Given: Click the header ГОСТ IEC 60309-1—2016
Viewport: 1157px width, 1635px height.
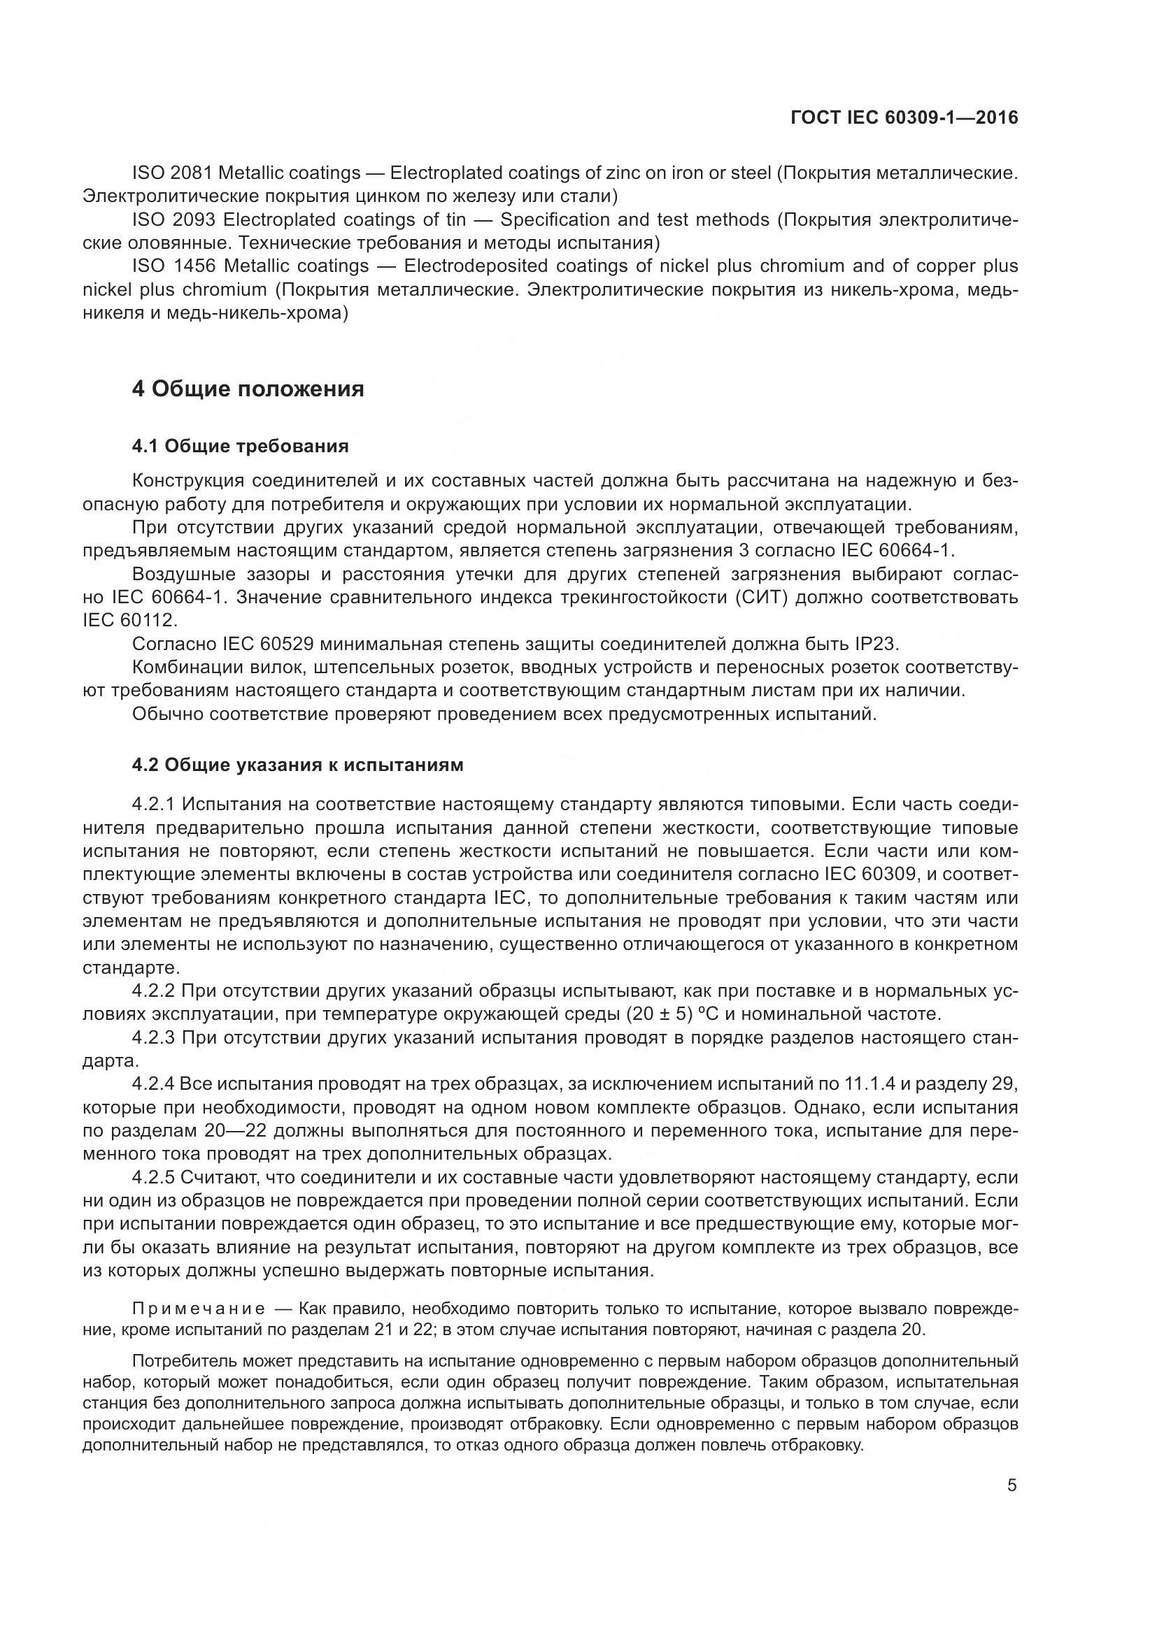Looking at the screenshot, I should (x=904, y=117).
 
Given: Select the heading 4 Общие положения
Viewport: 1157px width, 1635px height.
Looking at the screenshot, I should (x=248, y=389).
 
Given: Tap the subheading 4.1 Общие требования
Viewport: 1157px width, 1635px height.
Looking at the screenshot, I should (x=240, y=447).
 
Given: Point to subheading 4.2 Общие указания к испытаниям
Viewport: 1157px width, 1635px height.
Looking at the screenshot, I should (x=298, y=765).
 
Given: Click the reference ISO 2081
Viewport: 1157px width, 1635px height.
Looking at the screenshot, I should (x=173, y=173).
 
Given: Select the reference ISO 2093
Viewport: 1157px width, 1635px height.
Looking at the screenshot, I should (x=173, y=219).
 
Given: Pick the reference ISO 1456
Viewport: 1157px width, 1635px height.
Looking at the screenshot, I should (x=173, y=266).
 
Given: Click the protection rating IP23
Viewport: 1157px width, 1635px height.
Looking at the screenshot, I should (x=876, y=644).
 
